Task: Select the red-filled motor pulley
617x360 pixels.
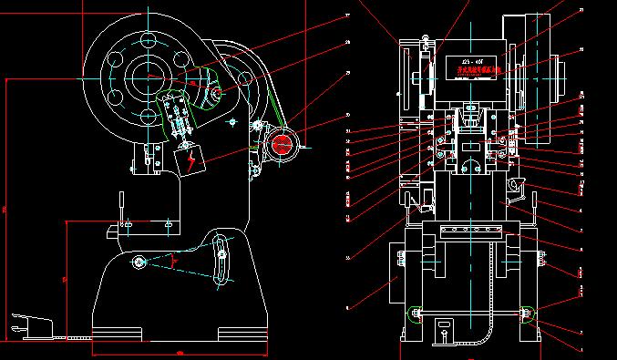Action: (282, 143)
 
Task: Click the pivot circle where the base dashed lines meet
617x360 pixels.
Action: (139, 263)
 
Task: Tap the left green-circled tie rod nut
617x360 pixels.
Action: (415, 315)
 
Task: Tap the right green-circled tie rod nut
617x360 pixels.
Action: (527, 315)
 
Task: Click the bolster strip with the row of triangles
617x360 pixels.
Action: (470, 229)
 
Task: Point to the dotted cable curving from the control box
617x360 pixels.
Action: (483, 335)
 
